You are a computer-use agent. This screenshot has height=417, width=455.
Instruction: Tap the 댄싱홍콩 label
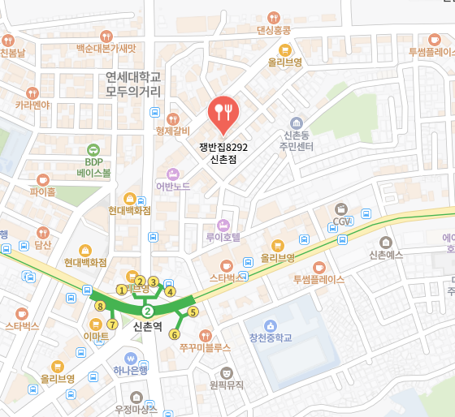pos(273,30)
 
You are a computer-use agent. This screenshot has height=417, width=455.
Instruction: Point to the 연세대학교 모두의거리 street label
pos(134,83)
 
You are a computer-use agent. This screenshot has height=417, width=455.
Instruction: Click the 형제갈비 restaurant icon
pos(172,118)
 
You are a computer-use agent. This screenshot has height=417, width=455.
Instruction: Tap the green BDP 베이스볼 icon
pos(93,150)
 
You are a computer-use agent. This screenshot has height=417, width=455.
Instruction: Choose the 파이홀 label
pos(43,192)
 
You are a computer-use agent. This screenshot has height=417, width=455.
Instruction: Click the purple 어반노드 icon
pos(172,173)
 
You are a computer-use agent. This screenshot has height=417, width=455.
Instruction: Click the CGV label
pos(341,221)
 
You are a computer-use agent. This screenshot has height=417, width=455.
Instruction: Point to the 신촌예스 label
pos(386,255)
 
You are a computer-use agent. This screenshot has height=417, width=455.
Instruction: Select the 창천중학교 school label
pos(270,337)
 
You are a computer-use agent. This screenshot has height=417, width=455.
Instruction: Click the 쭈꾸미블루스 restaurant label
pos(206,346)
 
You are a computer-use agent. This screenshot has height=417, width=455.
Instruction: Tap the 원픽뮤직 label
pos(227,385)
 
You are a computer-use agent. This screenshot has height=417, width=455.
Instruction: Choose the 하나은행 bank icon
pos(130,357)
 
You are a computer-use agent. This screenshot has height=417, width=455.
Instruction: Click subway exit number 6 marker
pos(174,334)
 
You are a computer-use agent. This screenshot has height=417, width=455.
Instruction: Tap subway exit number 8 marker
pos(100,307)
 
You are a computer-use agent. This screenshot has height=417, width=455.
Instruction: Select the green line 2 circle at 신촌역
pos(147,312)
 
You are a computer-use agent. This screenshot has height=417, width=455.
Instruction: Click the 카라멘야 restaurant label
pos(32,105)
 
